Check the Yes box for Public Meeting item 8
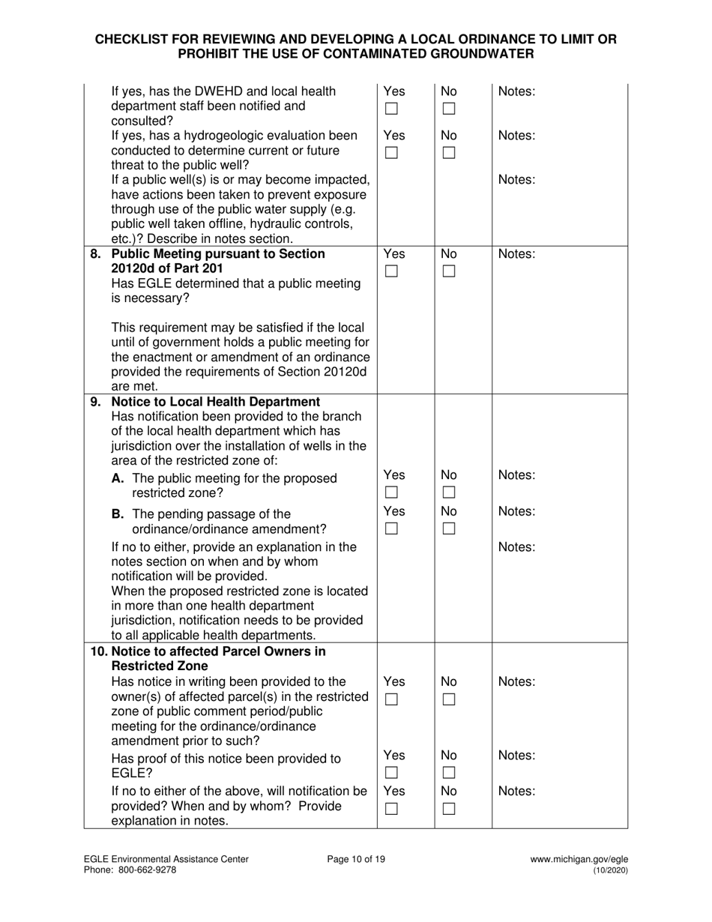coord(391,272)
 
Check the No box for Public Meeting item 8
coord(448,272)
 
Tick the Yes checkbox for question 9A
coord(391,493)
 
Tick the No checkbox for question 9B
coord(448,529)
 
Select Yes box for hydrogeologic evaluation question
coord(391,154)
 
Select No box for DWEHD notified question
coord(448,109)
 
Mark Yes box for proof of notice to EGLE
coord(391,773)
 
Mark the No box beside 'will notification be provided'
coord(448,809)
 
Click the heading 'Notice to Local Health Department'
coord(216,401)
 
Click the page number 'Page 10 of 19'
coord(356,860)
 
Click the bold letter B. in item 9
coord(118,514)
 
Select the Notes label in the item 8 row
coord(516,254)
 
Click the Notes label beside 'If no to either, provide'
coord(516,547)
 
